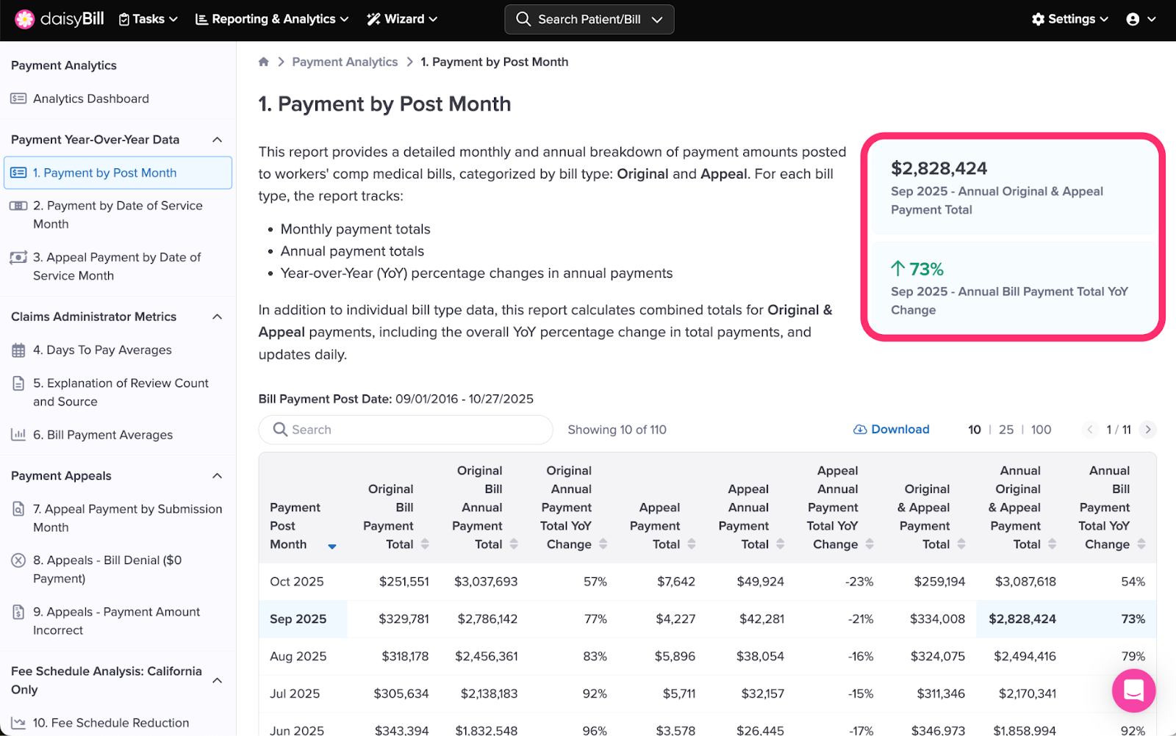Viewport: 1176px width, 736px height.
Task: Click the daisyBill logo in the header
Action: point(60,19)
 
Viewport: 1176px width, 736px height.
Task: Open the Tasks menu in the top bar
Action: point(148,19)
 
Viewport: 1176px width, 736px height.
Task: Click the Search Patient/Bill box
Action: point(589,19)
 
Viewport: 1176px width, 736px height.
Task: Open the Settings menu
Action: point(1069,19)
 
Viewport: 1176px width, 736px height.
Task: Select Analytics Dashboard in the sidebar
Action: point(90,98)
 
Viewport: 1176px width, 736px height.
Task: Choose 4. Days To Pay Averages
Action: point(101,350)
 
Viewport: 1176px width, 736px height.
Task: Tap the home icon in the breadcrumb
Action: point(264,62)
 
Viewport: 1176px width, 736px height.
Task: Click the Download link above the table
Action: point(892,430)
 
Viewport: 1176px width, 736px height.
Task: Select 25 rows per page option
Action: point(1005,430)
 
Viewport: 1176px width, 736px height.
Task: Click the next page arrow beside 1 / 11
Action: point(1148,430)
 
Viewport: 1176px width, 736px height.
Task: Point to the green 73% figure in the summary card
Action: point(918,270)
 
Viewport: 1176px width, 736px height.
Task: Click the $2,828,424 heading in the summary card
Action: point(939,168)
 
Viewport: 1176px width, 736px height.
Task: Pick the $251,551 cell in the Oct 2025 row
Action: point(404,582)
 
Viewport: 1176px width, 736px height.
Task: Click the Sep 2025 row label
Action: point(298,619)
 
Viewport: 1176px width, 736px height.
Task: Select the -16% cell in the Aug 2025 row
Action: point(860,657)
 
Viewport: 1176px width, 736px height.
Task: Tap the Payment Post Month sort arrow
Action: point(332,546)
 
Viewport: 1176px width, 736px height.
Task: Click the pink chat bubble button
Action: point(1133,690)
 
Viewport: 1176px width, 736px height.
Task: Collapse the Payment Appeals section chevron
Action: point(218,476)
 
